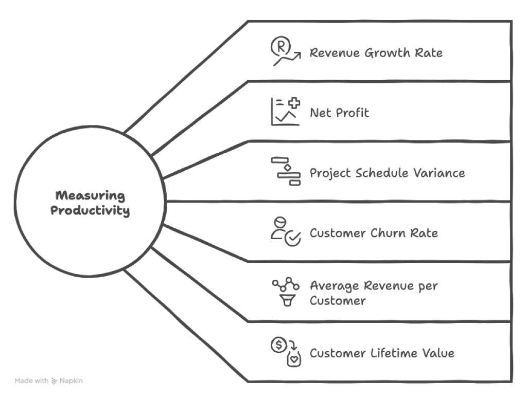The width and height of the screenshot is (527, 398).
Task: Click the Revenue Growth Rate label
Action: point(376,53)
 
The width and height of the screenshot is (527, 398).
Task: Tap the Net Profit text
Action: point(339,113)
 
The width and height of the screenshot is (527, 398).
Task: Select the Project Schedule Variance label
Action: point(387,173)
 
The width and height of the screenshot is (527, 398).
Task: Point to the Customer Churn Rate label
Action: point(374,233)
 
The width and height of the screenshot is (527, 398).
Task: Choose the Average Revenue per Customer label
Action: point(373,293)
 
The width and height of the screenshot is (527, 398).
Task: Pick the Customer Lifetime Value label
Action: point(382,353)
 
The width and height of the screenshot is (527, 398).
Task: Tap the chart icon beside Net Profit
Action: point(285,112)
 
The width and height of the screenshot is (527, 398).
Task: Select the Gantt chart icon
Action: point(286,172)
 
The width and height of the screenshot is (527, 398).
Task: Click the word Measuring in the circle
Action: point(90,196)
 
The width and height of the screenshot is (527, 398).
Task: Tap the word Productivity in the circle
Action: point(90,211)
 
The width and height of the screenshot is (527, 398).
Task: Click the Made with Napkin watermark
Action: point(48,381)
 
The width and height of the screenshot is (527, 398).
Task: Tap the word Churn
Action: point(389,233)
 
